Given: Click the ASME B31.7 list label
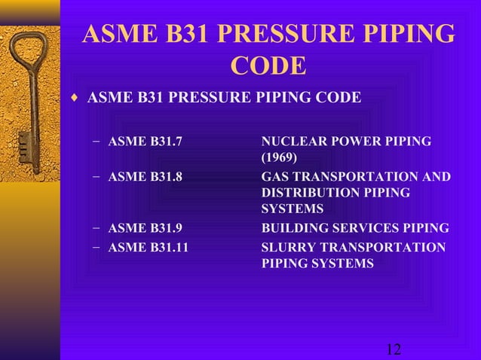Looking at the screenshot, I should click(x=146, y=141).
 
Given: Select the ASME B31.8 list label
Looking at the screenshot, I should click(x=146, y=177).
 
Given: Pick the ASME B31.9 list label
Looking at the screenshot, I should click(x=146, y=228).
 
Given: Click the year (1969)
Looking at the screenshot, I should click(x=279, y=157).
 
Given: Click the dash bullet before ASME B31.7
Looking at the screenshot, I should click(x=97, y=141).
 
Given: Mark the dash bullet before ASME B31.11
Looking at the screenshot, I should click(x=97, y=247).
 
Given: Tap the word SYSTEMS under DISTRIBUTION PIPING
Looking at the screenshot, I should click(x=293, y=209).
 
